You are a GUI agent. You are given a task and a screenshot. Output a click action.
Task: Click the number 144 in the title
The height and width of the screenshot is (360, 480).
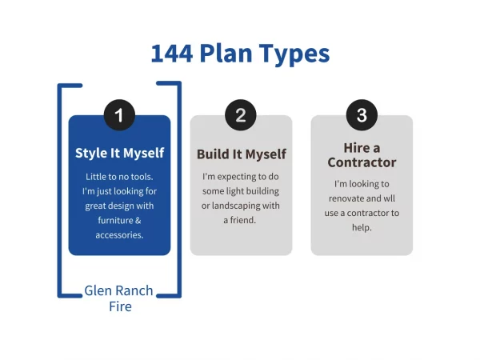[172, 54]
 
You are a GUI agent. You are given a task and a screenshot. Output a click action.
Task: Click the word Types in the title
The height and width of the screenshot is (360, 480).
[294, 54]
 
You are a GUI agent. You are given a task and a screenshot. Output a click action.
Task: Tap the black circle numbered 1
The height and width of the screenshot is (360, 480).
[119, 114]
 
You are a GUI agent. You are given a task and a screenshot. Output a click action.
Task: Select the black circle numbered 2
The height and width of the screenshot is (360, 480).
[241, 114]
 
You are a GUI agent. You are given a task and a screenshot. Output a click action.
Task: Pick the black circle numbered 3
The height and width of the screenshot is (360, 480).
[362, 114]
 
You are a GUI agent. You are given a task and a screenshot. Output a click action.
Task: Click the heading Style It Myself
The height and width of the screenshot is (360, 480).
[120, 153]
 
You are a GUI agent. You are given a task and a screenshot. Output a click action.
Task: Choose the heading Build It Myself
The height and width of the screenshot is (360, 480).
[242, 154]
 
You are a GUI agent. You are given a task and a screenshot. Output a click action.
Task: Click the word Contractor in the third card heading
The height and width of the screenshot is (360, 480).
[362, 162]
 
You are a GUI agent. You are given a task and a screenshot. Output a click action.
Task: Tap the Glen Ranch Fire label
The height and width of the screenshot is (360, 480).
[119, 298]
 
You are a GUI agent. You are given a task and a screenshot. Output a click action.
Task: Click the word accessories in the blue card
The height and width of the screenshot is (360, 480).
[118, 235]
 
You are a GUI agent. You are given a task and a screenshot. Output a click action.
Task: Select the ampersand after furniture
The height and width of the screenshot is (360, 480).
[138, 221]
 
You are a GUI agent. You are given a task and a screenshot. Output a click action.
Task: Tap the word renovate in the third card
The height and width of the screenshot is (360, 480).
[346, 198]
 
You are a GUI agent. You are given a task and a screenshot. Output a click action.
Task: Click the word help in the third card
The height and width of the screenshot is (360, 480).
[361, 228]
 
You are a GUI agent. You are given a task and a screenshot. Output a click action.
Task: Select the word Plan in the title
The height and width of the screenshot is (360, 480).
[226, 54]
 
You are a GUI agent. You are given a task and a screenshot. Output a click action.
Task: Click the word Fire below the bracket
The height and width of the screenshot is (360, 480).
[120, 306]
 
